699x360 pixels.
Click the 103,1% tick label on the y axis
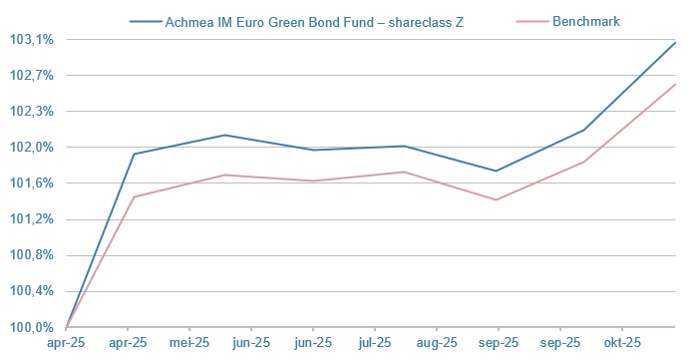coord(31,40)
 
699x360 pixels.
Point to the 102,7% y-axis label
coord(31,76)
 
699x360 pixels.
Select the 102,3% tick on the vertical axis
coord(31,112)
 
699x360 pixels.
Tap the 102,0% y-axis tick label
coord(31,148)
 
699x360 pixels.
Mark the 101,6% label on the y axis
coord(31,183)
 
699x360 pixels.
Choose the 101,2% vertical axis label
coord(31,219)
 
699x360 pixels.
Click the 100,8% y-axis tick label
coord(31,255)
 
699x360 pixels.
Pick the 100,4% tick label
coord(31,291)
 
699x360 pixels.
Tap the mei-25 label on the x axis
coord(189,343)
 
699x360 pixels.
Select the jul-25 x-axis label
coord(375,343)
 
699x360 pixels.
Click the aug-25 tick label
coord(437,343)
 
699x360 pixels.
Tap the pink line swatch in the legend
coord(533,20)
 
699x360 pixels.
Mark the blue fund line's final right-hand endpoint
coord(675,42)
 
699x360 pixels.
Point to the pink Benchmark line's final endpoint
coord(675,84)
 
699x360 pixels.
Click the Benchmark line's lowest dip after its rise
coord(497,199)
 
